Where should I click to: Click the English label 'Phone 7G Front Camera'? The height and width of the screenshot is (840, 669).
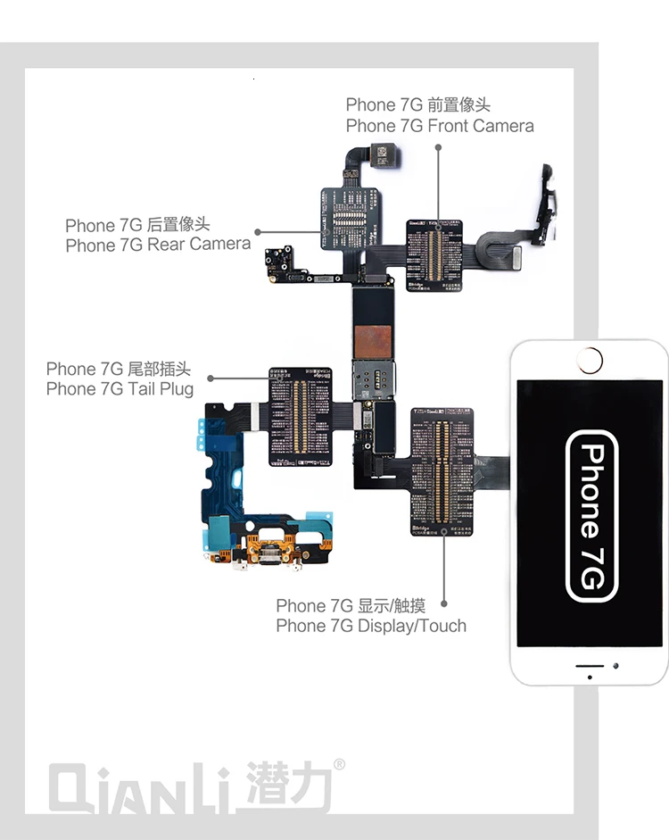(440, 126)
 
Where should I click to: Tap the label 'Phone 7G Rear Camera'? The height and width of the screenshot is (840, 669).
(158, 245)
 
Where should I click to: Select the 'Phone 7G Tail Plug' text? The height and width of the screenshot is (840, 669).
(120, 389)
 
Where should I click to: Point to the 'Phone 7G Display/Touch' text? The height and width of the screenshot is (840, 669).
(371, 626)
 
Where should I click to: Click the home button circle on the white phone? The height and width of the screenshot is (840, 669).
(590, 361)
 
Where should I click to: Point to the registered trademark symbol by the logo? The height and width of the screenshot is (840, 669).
(339, 765)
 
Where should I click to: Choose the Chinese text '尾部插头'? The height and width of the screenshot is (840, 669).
(158, 369)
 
